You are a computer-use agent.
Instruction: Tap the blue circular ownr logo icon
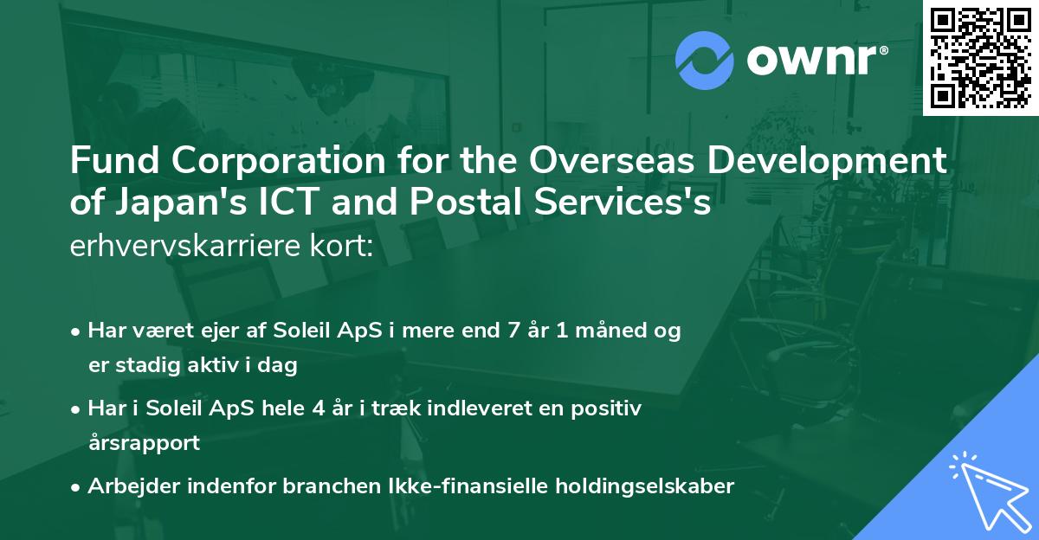pos(705,61)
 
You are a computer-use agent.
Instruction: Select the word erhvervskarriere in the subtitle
pos(189,246)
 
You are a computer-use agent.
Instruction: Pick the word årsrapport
pos(144,443)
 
